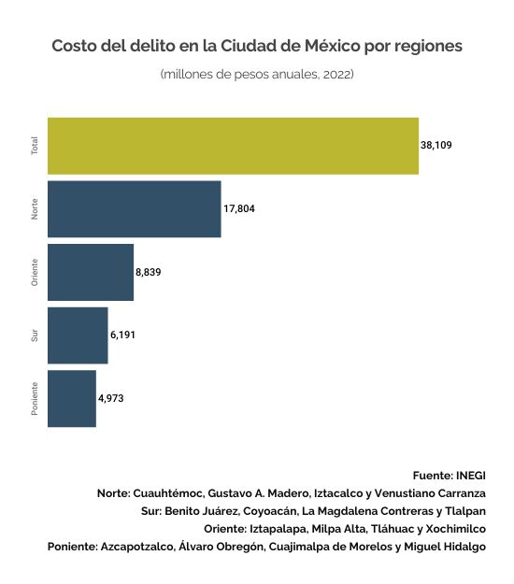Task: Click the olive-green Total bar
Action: (233, 146)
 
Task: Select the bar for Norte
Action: (134, 209)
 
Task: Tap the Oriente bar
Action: (91, 272)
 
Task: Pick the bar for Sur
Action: (78, 335)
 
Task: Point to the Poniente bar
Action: (72, 398)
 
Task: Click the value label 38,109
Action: (436, 145)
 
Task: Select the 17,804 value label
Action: (239, 208)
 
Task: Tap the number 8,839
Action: (149, 272)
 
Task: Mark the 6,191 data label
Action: (122, 335)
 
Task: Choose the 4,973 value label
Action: (110, 398)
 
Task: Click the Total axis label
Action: (35, 146)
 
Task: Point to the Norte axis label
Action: (35, 209)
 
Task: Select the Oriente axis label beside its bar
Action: (35, 272)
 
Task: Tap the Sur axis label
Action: (35, 335)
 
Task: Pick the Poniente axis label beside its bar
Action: (35, 398)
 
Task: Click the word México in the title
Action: (333, 46)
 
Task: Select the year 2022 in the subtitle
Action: (338, 74)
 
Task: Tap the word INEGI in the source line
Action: (471, 476)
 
